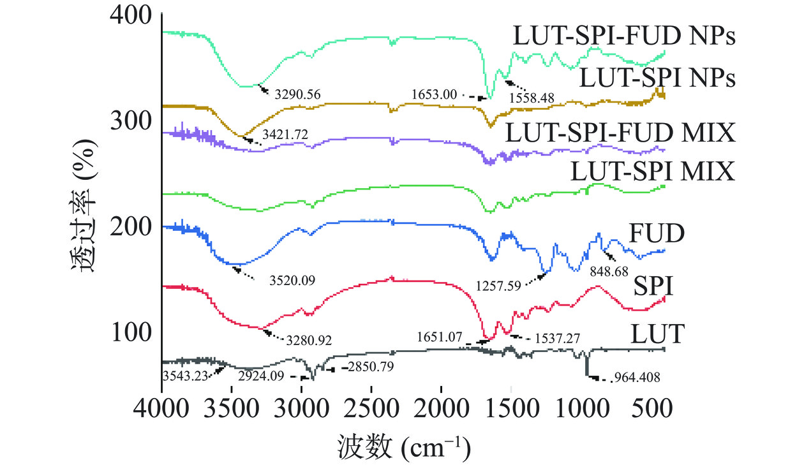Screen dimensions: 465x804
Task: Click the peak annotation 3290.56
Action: tap(297, 95)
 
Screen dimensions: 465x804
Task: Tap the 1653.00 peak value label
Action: tap(435, 94)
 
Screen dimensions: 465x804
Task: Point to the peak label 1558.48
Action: tap(532, 98)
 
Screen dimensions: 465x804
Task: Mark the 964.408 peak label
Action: tap(636, 378)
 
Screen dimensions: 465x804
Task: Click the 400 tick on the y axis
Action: tap(131, 15)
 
